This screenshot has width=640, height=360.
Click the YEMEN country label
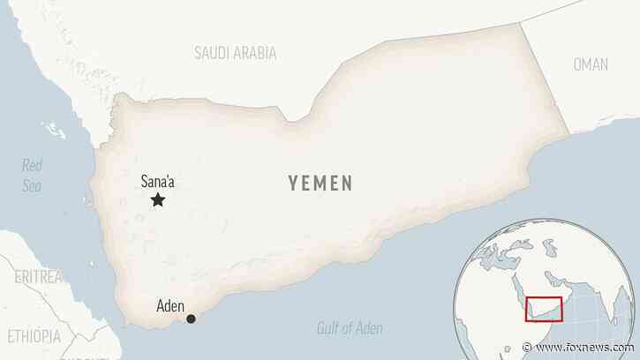(320, 184)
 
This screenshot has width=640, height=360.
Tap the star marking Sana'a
(158, 201)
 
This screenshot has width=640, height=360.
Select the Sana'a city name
(158, 183)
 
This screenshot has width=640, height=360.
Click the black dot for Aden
(191, 319)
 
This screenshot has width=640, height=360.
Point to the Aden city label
(169, 306)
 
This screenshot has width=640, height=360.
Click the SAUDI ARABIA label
(235, 53)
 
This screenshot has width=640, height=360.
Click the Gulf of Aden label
(349, 330)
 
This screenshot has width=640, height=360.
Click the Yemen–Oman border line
(542, 84)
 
